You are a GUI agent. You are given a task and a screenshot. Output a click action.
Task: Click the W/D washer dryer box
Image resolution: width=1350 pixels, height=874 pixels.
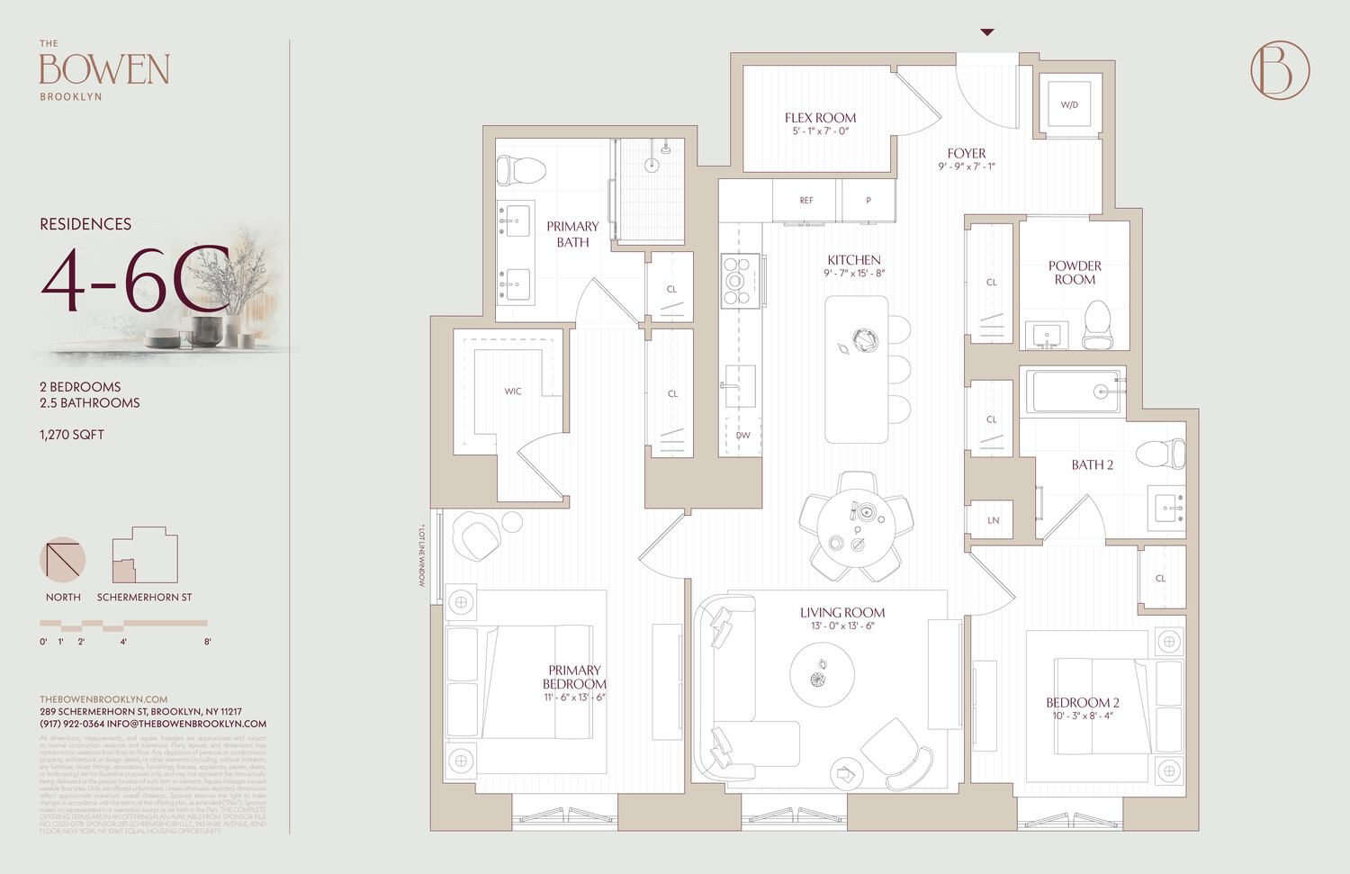tap(1069, 104)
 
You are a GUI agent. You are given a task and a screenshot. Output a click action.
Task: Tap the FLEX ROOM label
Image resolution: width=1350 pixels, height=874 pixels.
tap(820, 118)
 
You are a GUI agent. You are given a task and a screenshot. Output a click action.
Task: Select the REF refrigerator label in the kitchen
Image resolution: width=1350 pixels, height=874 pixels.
tap(806, 201)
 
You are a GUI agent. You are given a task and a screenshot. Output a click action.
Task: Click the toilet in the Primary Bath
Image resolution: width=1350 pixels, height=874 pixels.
tap(523, 169)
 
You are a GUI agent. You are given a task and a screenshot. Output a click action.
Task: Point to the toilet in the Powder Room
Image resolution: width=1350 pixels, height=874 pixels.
tap(1097, 325)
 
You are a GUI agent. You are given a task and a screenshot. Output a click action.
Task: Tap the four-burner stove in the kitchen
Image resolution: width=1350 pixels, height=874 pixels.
tap(737, 281)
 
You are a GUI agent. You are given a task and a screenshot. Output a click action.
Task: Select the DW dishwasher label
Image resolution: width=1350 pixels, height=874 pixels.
tap(743, 436)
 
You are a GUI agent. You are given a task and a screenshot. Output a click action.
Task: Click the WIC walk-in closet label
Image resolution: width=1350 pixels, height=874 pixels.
tap(513, 392)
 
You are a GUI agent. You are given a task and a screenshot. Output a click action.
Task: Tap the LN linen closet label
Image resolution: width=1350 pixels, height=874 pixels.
tap(994, 520)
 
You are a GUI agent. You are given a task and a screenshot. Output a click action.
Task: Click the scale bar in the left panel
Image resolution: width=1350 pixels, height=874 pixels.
tap(123, 624)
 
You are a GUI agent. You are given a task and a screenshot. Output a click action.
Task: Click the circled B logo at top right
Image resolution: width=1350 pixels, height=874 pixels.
tap(1280, 70)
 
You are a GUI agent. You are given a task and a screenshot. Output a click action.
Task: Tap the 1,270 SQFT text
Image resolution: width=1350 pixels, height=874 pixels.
tap(72, 435)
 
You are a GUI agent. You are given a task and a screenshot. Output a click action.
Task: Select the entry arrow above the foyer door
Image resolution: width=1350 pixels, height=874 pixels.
tap(987, 32)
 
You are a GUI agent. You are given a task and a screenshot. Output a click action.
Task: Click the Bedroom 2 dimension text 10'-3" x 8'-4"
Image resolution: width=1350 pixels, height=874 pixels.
tap(1083, 716)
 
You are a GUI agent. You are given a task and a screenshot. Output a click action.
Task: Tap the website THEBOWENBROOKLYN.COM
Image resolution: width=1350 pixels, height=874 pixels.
tap(103, 699)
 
